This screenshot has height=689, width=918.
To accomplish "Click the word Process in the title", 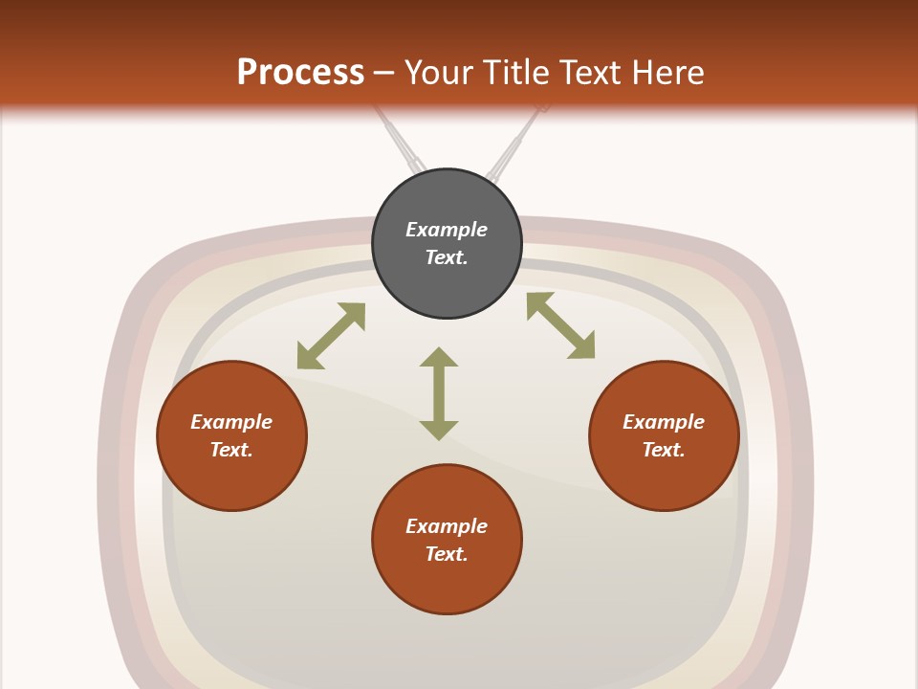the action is [x=301, y=73].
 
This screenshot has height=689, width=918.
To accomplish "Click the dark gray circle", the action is [x=447, y=244].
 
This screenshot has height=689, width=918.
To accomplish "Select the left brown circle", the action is [x=231, y=435].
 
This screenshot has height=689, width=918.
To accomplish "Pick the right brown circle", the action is [x=664, y=435].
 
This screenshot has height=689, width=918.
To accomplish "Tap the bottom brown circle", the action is [x=447, y=539].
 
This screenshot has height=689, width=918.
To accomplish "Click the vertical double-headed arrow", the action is [x=439, y=393].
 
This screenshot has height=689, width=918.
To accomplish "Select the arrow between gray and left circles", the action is [x=332, y=336].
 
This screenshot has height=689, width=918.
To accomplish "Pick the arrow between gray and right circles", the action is [x=561, y=325].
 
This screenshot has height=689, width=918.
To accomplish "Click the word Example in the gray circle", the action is [x=447, y=230].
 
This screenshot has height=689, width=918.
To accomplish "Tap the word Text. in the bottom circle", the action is [x=447, y=554].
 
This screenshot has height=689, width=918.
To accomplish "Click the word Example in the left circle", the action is [x=231, y=422].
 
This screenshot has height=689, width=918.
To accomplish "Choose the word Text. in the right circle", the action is [x=664, y=450].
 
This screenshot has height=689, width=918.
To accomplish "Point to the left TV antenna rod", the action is [x=401, y=141].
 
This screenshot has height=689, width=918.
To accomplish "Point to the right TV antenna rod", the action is [x=517, y=143].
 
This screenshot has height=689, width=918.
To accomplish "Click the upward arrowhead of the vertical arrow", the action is [x=439, y=357].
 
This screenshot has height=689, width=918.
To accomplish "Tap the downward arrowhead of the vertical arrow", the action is [x=439, y=431].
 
